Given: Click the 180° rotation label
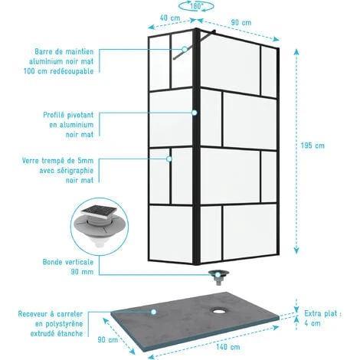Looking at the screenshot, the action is pyautogui.click(x=196, y=6).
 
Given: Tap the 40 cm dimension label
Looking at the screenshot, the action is pyautogui.click(x=170, y=18).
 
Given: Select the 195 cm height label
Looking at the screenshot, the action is pyautogui.click(x=313, y=146).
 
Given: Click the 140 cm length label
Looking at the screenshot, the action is pyautogui.click(x=228, y=347).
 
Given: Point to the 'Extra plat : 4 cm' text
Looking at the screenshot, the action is pyautogui.click(x=322, y=318).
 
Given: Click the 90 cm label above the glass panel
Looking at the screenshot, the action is pyautogui.click(x=241, y=22).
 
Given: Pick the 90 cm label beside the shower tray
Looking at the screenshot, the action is pyautogui.click(x=108, y=340).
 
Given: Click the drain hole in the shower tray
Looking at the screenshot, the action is pyautogui.click(x=218, y=311).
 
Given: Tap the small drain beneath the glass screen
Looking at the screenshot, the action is pyautogui.click(x=218, y=277).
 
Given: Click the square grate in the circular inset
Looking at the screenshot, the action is pyautogui.click(x=99, y=211).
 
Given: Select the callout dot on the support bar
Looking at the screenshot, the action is pyautogui.click(x=185, y=49).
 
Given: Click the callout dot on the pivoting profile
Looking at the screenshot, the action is pyautogui.click(x=195, y=113).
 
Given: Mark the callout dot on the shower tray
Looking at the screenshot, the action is pyautogui.click(x=153, y=312).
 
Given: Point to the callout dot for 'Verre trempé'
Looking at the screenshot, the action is pyautogui.click(x=169, y=159).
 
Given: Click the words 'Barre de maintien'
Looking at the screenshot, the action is pyautogui.click(x=64, y=51).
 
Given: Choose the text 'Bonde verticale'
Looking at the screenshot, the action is pyautogui.click(x=68, y=262).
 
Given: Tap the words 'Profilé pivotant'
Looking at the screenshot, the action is pyautogui.click(x=68, y=115).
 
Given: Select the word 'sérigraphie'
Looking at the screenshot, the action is pyautogui.click(x=76, y=171).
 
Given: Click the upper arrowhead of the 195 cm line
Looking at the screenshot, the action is pyautogui.click(x=296, y=52).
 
